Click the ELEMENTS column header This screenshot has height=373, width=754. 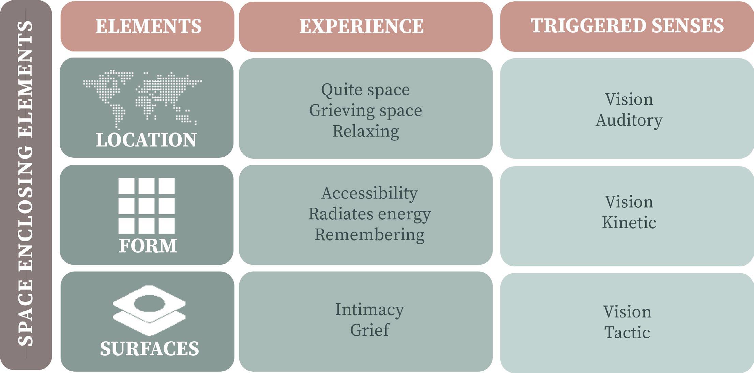tap(148, 26)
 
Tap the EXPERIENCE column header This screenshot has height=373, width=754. tap(361, 26)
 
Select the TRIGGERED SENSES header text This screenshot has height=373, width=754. tap(627, 26)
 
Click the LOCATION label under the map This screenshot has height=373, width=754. tap(146, 140)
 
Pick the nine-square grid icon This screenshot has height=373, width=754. tap(147, 206)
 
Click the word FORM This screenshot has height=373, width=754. tap(148, 246)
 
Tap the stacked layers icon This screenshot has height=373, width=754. tap(149, 310)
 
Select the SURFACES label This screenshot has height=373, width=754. tap(149, 348)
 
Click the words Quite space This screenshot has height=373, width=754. tap(365, 90)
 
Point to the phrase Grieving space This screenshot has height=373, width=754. tap(365, 111)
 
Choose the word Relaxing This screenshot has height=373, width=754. tap(365, 131)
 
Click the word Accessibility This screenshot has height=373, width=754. tap(370, 193)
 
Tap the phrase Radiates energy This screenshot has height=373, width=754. tap(370, 214)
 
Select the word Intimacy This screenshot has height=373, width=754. tap(370, 310)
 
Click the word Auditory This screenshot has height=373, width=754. tap(629, 120)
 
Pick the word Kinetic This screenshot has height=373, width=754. tap(629, 223)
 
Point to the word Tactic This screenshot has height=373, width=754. tap(627, 332)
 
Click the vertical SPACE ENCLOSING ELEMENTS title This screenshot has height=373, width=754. tap(26, 184)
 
